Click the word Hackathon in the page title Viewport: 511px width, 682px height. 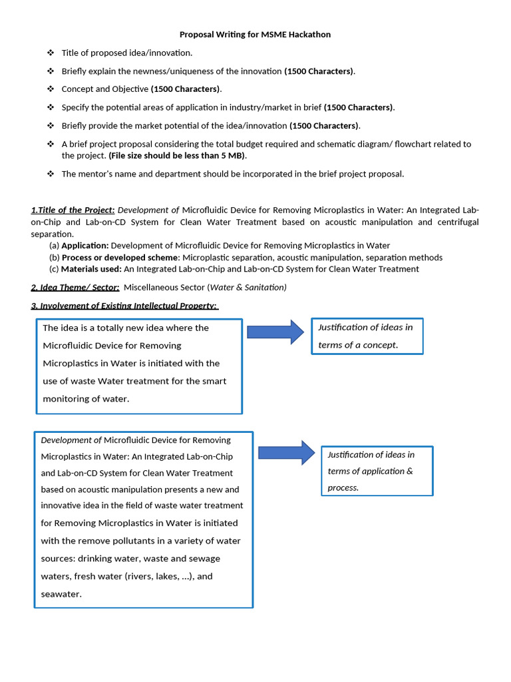point(307,35)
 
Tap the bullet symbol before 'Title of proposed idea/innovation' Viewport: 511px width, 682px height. point(51,53)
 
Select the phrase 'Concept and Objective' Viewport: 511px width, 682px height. point(105,89)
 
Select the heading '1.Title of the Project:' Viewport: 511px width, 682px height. point(73,210)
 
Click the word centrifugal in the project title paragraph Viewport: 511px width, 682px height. point(456,222)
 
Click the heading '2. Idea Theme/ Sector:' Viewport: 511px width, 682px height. point(75,288)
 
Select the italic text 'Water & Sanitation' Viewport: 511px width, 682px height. point(248,288)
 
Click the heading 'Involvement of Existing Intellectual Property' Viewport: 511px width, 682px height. point(126,306)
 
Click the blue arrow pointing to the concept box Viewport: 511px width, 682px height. point(275,332)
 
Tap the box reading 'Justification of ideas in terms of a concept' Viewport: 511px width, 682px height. point(367,336)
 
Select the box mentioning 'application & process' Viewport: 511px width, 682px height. point(377,471)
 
